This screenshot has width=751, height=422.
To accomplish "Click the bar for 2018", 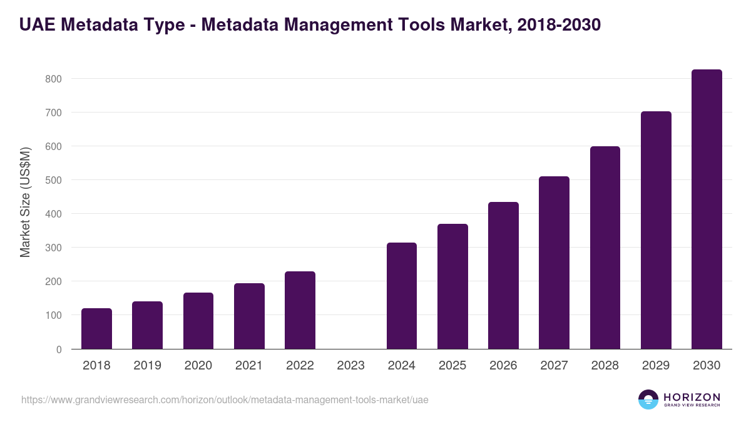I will pyautogui.click(x=96, y=329).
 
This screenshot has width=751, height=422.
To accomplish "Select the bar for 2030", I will pyautogui.click(x=707, y=209).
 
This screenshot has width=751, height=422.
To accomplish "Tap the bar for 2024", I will pyautogui.click(x=402, y=296).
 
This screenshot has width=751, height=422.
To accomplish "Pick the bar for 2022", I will pyautogui.click(x=300, y=310).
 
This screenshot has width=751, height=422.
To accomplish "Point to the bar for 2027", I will pyautogui.click(x=554, y=263).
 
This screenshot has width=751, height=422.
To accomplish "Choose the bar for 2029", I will pyautogui.click(x=656, y=230).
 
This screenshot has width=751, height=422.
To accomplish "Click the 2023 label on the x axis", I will pyautogui.click(x=350, y=366).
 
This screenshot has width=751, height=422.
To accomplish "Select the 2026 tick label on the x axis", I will pyautogui.click(x=503, y=366).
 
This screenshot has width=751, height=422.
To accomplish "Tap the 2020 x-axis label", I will pyautogui.click(x=198, y=366).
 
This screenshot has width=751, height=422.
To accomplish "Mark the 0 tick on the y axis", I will pyautogui.click(x=59, y=349).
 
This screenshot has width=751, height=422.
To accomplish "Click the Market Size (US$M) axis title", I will pyautogui.click(x=25, y=203).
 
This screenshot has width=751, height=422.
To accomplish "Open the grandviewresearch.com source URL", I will pyautogui.click(x=225, y=399).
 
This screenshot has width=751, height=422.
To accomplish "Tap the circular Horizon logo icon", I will pyautogui.click(x=648, y=399).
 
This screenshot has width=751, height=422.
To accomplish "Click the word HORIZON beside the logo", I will pyautogui.click(x=692, y=397).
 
